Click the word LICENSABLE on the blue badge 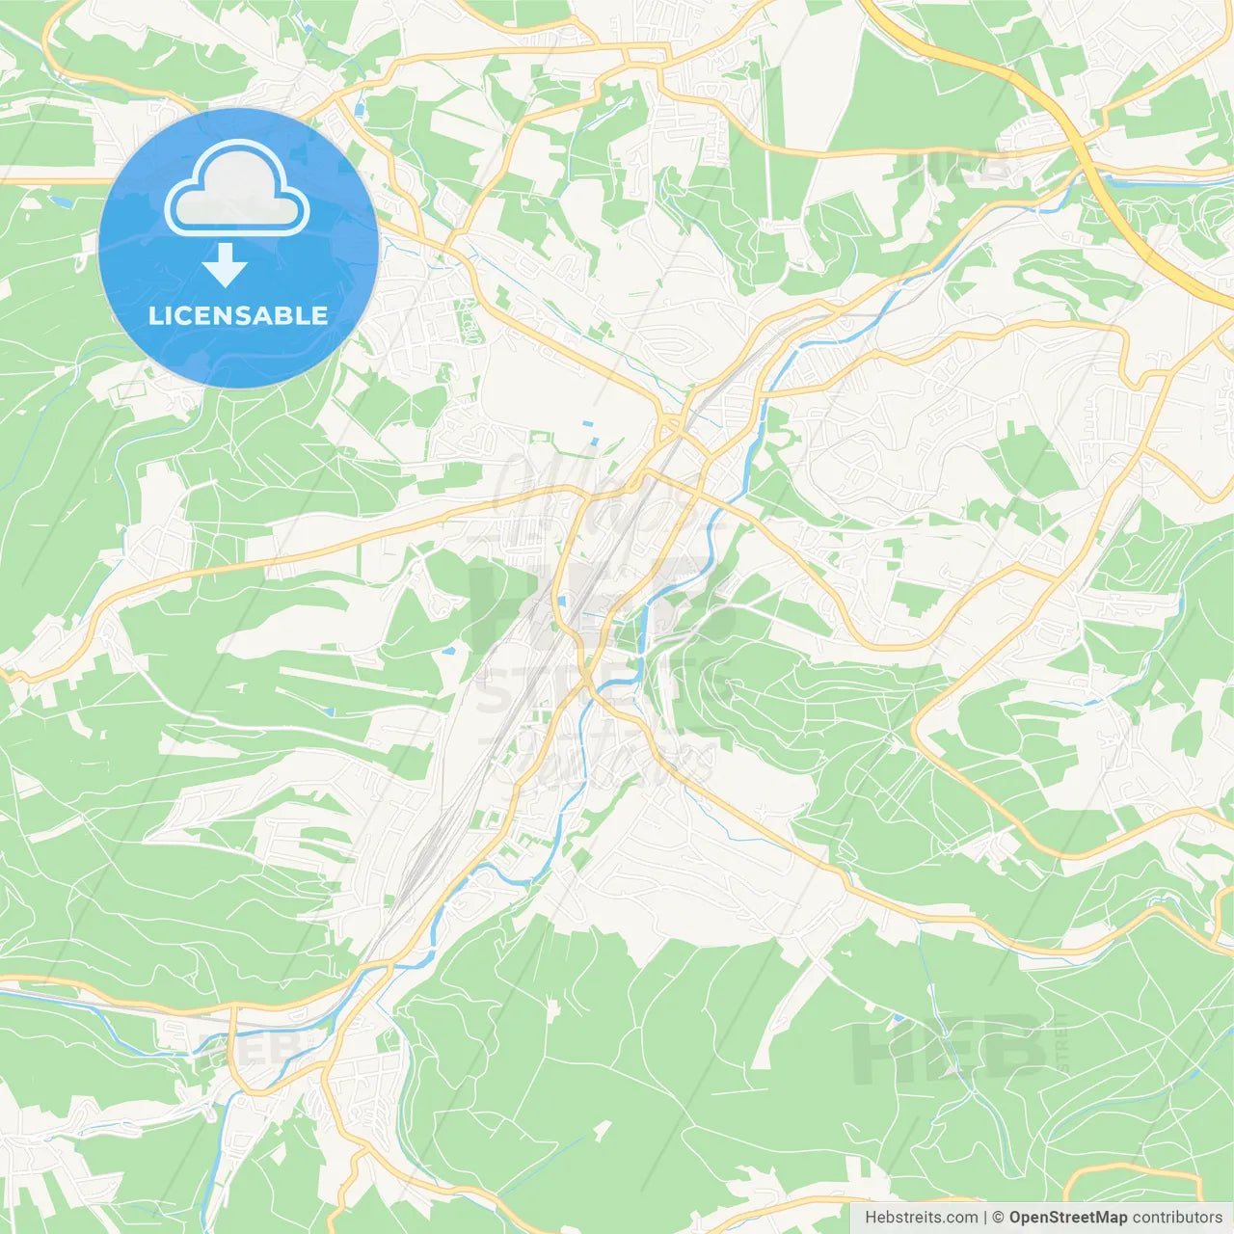pos(238,315)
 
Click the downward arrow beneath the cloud pos(225,265)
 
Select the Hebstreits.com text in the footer pos(921,1218)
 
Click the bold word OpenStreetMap pos(1067,1218)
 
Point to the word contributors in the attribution pos(1176,1218)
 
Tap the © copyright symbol pos(998,1218)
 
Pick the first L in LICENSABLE pos(155,315)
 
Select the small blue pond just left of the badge pos(60,202)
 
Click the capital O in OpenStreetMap pos(1016,1218)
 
